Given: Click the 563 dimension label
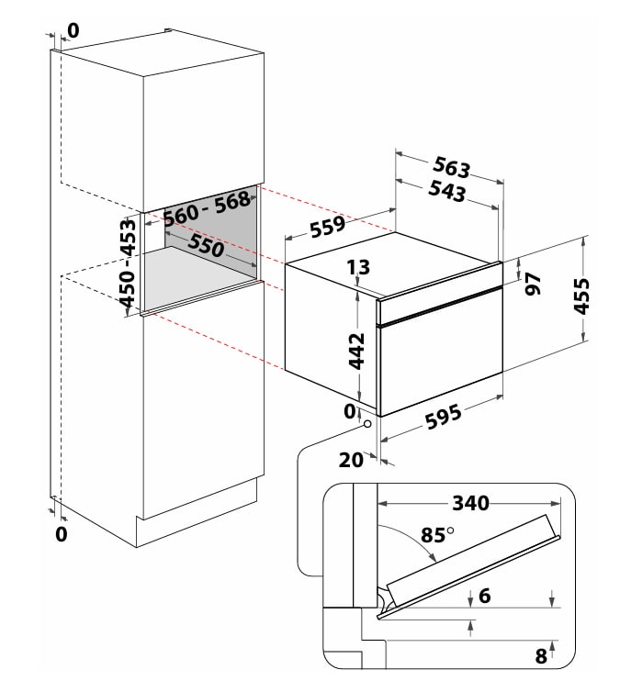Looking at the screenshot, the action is tap(452, 168).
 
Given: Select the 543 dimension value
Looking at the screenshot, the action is tap(447, 191).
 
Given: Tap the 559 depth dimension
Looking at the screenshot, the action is tap(328, 227).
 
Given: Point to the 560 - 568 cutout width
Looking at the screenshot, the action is tap(207, 208).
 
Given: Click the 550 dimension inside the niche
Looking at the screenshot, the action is tap(206, 246).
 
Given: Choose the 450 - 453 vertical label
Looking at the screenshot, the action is tap(128, 263).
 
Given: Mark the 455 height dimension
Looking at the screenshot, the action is tap(581, 296).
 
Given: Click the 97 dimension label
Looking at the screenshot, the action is tap(533, 285).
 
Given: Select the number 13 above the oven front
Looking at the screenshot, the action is tap(358, 268).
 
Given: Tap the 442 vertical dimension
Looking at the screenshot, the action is tap(356, 351).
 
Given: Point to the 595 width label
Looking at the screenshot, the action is tap(443, 416).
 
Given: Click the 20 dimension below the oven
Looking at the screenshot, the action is tap(351, 460).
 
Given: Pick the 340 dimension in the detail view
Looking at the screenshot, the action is tap(471, 503).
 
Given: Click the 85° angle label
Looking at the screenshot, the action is tap(437, 535).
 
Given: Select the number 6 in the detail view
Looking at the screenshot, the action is tap(485, 596).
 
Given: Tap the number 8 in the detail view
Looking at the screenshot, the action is tap(541, 656).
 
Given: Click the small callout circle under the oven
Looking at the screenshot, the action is tap(367, 423).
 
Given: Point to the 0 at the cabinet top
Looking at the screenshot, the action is tap(73, 31).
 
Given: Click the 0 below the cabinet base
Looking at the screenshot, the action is tap(62, 534).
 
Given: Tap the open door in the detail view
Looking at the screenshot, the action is tap(468, 564).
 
